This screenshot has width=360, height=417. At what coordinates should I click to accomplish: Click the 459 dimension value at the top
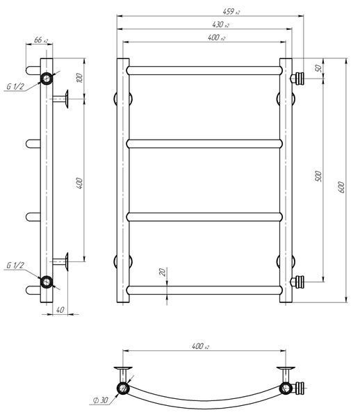tap(229, 11)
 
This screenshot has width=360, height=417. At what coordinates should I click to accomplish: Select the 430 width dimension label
tap(218, 24)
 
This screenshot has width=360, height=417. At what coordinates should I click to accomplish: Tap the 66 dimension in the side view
tap(38, 40)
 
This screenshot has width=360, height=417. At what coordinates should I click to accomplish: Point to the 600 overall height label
tap(341, 187)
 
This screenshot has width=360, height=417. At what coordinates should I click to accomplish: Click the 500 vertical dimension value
tap(318, 176)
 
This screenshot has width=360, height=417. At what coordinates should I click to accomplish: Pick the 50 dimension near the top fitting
tap(318, 68)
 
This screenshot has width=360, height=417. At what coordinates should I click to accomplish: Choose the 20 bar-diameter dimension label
tap(162, 272)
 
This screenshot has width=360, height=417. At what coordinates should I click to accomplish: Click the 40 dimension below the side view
tap(60, 310)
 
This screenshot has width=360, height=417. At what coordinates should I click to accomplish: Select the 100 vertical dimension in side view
tap(79, 77)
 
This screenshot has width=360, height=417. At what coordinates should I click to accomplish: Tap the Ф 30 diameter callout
tap(101, 400)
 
